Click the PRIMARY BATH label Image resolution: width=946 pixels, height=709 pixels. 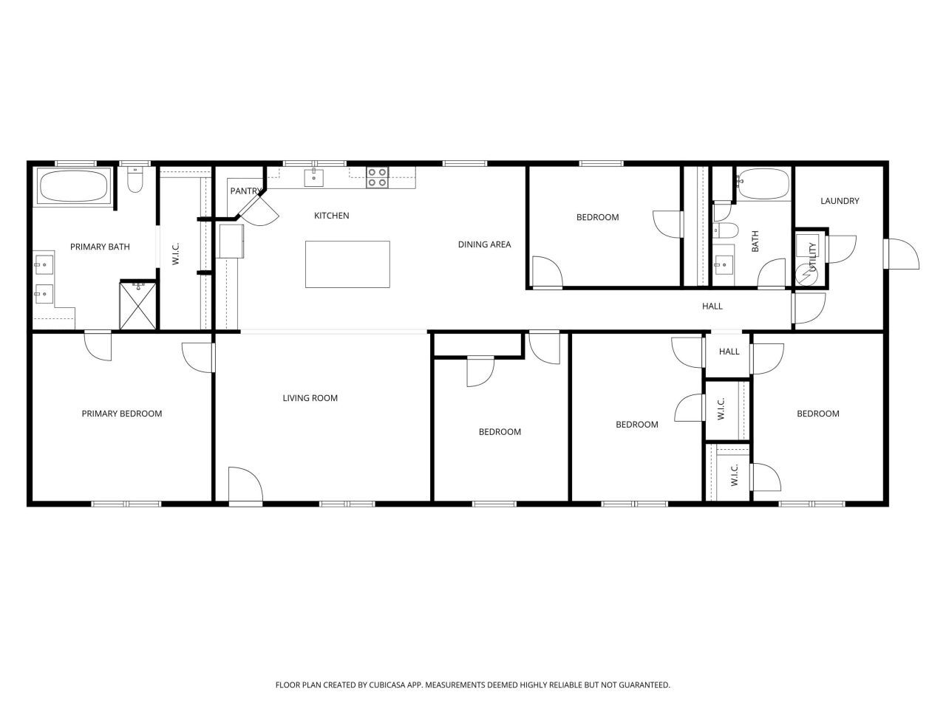point(100,247)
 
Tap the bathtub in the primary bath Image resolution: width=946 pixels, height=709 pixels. point(74,185)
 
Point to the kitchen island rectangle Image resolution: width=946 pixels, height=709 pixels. point(347,264)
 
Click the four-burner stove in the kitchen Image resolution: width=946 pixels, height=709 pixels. point(377,177)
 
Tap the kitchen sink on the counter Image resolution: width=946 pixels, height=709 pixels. point(314,177)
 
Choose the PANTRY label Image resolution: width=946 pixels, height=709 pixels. point(245,191)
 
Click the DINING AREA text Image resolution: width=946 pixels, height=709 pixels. point(484,244)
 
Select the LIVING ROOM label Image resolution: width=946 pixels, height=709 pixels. point(310,398)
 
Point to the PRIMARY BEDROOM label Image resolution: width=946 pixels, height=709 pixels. point(122,414)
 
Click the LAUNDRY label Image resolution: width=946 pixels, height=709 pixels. point(840,201)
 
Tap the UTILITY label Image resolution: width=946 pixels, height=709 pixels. point(812,257)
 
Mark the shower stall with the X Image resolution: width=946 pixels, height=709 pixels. point(138,306)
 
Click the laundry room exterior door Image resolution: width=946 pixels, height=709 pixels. point(901,254)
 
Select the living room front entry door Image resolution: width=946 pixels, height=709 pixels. point(245,486)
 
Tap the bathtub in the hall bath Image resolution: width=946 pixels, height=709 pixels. point(763,184)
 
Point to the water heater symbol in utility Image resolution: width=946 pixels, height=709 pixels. point(806,275)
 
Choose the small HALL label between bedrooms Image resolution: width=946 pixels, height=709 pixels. point(729,352)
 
